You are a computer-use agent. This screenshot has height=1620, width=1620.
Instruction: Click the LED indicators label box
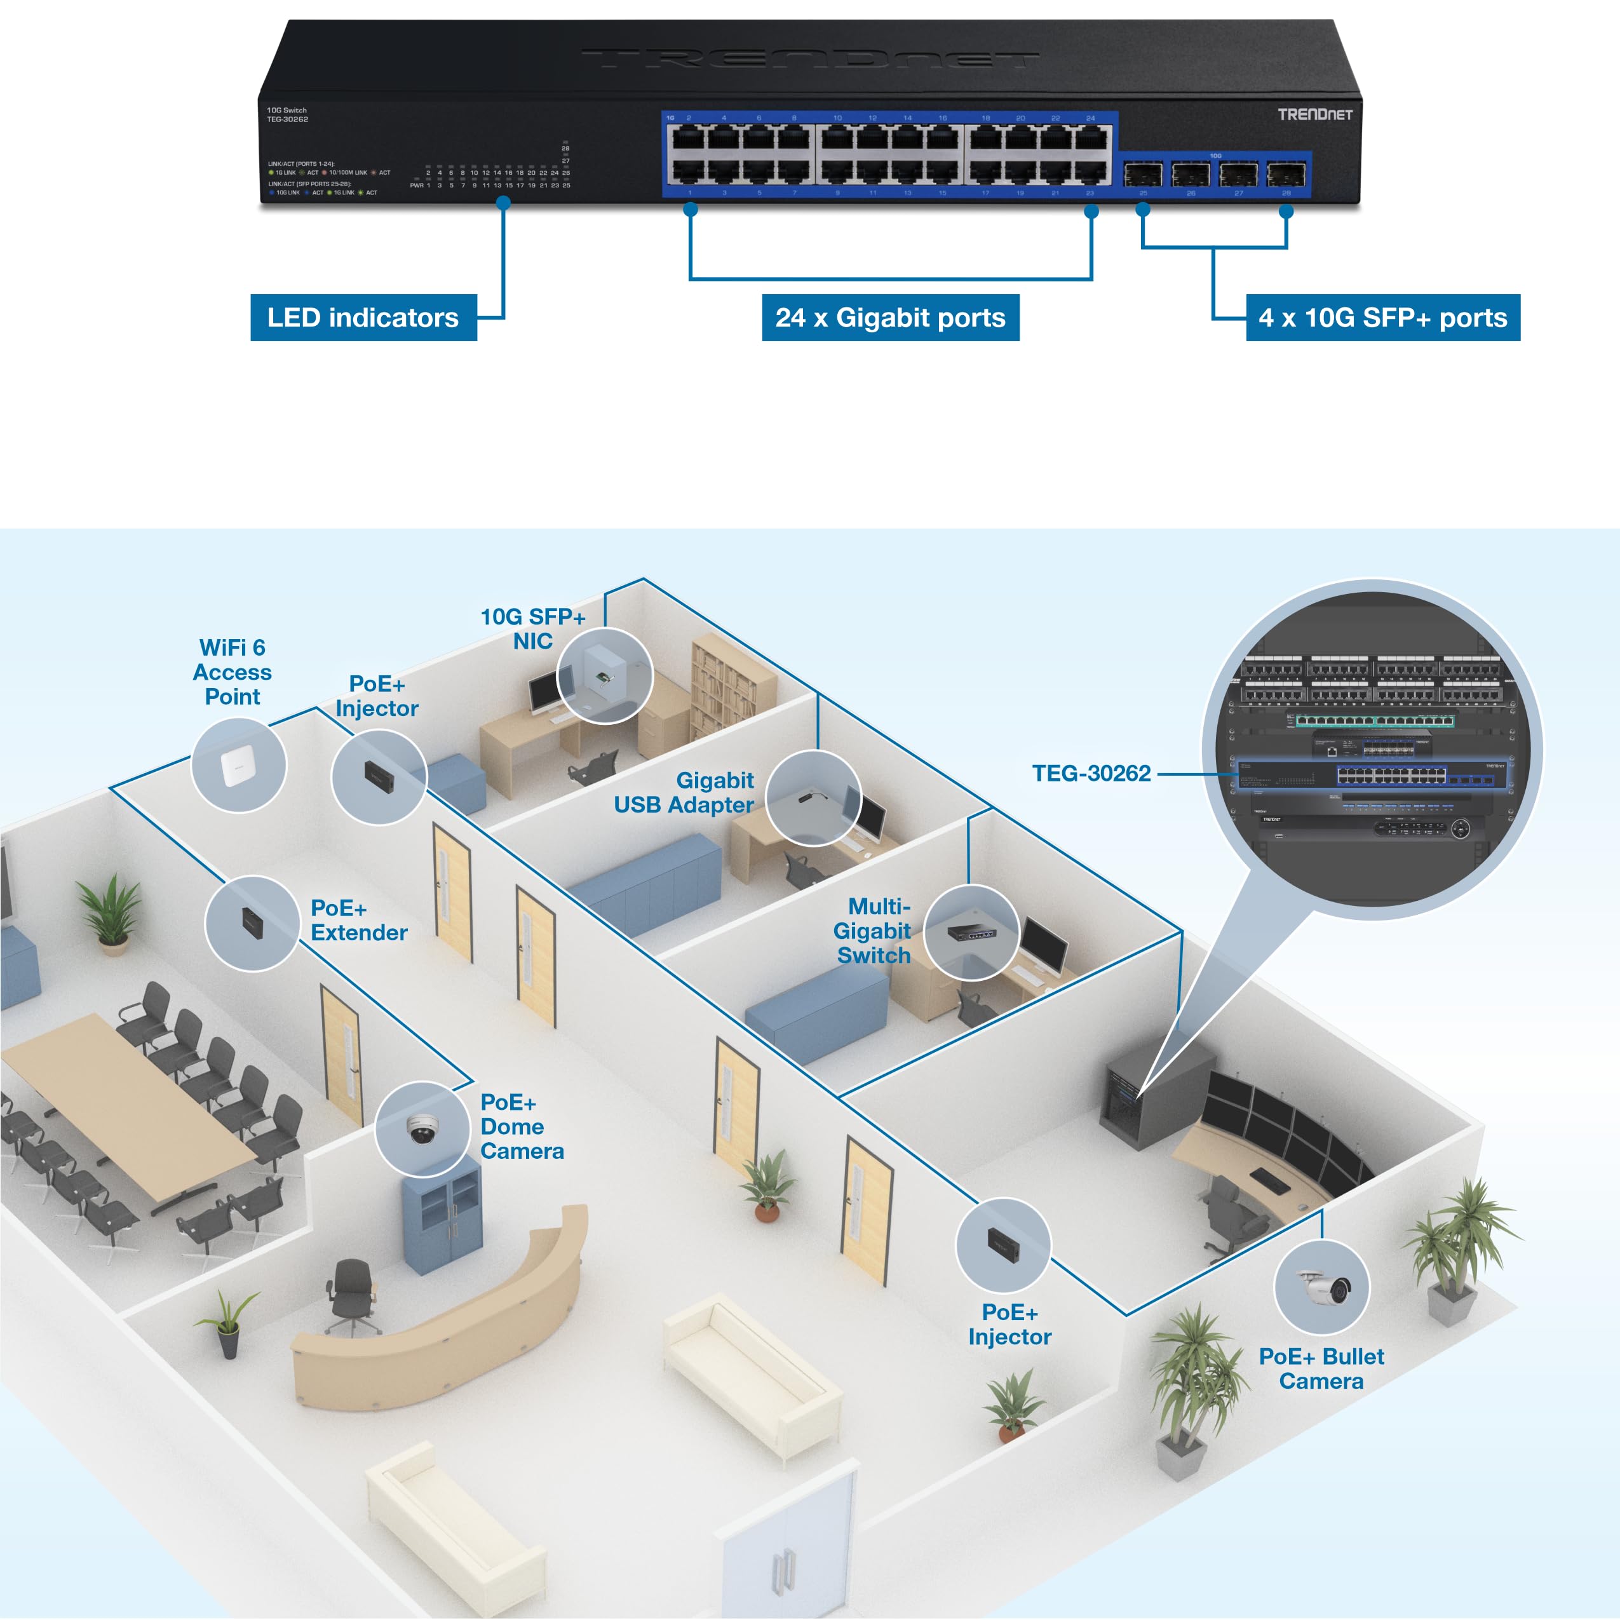tap(363, 318)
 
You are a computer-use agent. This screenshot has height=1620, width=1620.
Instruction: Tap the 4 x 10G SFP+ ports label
tap(1382, 318)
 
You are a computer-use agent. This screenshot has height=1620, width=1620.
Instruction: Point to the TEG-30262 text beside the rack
tap(1090, 773)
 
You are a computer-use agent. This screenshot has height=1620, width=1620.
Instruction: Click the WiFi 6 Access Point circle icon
tap(238, 765)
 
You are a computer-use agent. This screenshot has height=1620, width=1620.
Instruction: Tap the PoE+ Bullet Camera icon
tap(1321, 1286)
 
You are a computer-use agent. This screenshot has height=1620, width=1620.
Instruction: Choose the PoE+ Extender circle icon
tap(252, 923)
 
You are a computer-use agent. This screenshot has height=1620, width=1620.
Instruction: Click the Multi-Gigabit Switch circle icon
tap(971, 931)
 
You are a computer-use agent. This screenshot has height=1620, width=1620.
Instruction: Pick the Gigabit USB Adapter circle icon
tap(813, 799)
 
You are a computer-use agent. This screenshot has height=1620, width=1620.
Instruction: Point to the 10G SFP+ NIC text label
tap(532, 629)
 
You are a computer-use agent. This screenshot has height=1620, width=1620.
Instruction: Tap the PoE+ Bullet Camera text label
tap(1321, 1368)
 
